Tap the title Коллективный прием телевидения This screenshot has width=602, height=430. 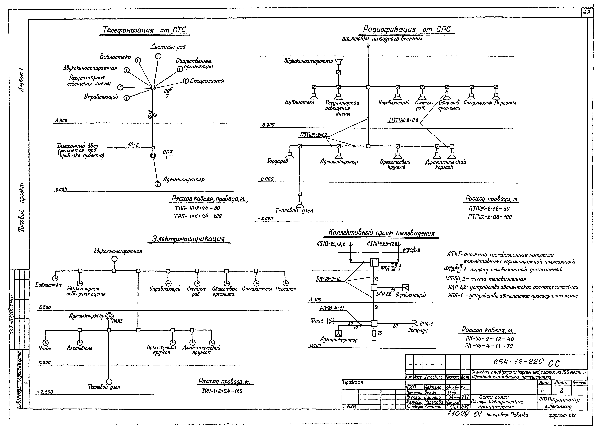381,233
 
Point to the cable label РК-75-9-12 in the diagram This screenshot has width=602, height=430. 328,279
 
